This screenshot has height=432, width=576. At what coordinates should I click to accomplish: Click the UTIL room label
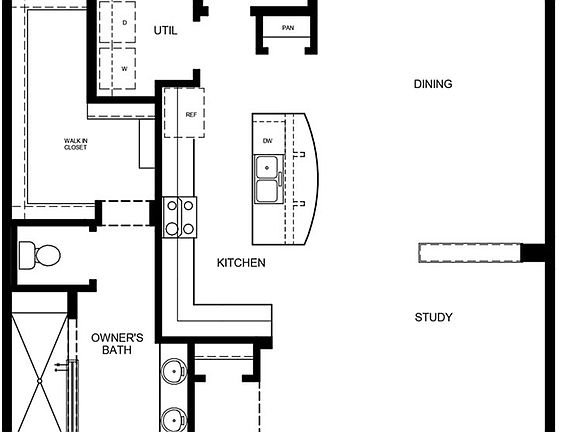click(166, 30)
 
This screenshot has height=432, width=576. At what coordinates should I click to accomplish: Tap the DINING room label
click(433, 84)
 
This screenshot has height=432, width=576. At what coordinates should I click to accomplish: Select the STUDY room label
click(434, 318)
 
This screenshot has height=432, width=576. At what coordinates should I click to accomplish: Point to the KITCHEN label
click(241, 263)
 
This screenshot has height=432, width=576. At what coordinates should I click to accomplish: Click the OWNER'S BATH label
click(117, 344)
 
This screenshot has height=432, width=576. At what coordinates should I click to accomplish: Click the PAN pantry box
click(288, 28)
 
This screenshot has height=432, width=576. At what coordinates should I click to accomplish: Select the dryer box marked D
click(124, 22)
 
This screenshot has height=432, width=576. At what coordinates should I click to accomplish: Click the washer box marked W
click(124, 69)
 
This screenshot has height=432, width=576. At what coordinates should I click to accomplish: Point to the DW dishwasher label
click(268, 141)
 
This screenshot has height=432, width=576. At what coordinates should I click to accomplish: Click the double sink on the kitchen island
click(267, 191)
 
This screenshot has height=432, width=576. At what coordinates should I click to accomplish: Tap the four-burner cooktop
click(180, 217)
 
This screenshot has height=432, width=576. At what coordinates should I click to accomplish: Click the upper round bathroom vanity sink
click(175, 372)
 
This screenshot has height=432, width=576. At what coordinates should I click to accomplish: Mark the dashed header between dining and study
click(469, 253)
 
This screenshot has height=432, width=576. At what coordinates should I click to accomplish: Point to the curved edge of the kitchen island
click(312, 180)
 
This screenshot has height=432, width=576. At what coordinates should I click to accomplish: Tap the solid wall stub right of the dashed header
click(535, 253)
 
